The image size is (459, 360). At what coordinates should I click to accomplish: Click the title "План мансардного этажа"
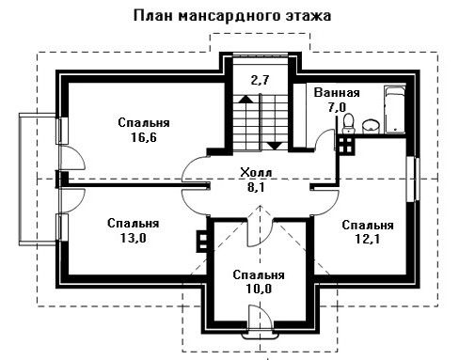(232, 15)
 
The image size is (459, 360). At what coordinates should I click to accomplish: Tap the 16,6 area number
(143, 137)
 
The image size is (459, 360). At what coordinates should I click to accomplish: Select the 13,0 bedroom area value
(133, 238)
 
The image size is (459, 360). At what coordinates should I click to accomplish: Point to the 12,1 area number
(368, 239)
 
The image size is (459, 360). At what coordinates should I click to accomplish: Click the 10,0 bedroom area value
(259, 289)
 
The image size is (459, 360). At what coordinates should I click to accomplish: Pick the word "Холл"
(256, 173)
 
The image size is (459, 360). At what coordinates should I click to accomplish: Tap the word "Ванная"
(337, 93)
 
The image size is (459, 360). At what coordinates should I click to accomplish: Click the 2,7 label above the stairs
(260, 80)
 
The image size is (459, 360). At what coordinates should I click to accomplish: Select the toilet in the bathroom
(348, 123)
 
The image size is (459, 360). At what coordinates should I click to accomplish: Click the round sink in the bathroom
(371, 126)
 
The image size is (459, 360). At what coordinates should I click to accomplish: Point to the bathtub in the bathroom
(395, 110)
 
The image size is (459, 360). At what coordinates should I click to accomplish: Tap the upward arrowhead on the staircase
(246, 99)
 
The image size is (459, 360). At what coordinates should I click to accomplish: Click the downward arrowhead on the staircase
(275, 146)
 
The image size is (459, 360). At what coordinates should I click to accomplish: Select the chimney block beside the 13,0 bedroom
(202, 242)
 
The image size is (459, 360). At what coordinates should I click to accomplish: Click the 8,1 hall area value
(256, 187)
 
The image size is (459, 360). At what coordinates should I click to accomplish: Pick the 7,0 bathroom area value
(337, 107)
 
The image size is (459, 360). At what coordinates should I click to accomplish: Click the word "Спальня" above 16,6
(144, 123)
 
